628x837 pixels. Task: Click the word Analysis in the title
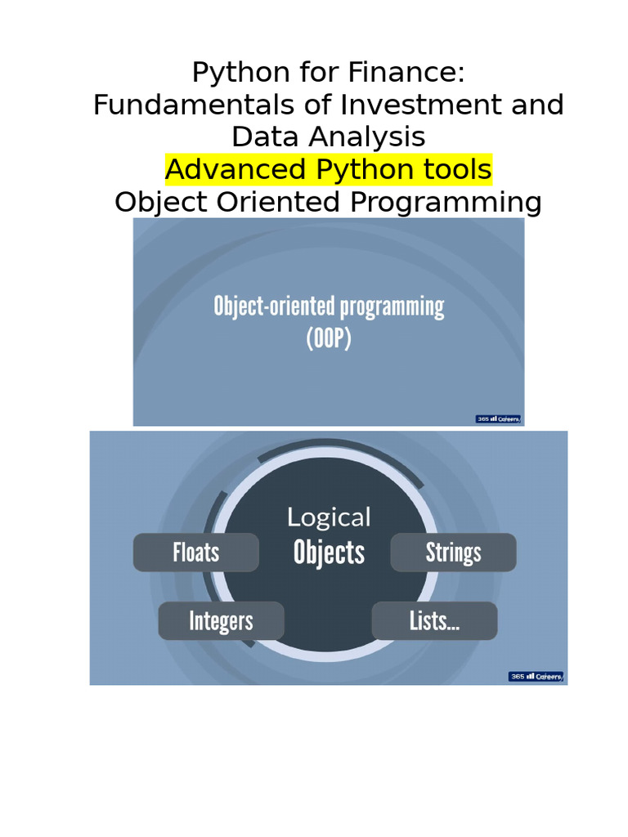tap(367, 137)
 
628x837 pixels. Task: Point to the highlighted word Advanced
tap(236, 169)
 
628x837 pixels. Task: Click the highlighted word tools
tap(458, 169)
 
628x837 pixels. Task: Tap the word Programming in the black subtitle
tap(446, 203)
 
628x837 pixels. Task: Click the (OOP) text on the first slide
tap(329, 338)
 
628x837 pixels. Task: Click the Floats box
tap(196, 553)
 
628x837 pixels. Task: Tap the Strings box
tap(453, 553)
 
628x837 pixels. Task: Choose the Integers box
tap(221, 621)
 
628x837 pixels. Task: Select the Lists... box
tap(435, 621)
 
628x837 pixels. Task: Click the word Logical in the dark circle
tap(329, 517)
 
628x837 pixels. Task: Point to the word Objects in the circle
tap(329, 553)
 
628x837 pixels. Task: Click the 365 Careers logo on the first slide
tap(498, 419)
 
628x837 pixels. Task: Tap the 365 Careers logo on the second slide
tap(536, 676)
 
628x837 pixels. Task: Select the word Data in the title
tap(265, 137)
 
